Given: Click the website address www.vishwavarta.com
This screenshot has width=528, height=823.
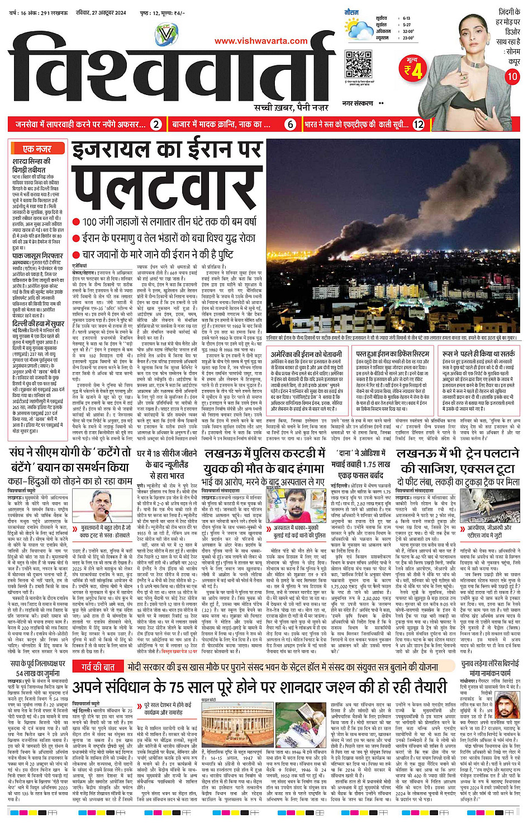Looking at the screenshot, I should point(261,41).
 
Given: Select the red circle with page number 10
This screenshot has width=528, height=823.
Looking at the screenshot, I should point(512,77).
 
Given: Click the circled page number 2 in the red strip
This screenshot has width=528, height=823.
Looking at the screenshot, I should point(156,125).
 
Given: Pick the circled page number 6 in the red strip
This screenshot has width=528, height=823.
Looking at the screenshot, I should point(290,125).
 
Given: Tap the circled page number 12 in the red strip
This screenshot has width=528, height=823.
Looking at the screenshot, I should point(418,125).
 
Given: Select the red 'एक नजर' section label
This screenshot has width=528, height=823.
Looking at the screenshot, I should point(37,149).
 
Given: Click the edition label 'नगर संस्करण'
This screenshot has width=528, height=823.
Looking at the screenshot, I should point(358,103).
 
